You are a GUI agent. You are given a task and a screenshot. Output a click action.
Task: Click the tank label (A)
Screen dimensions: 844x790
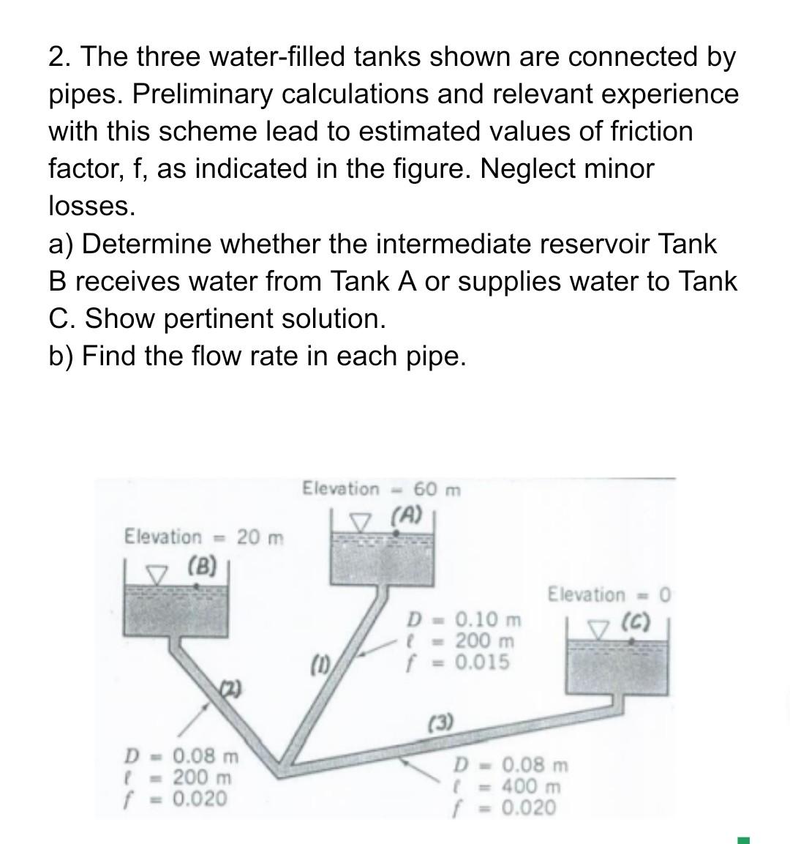coord(407,516)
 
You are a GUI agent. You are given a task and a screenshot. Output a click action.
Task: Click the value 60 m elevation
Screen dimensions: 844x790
coord(437,489)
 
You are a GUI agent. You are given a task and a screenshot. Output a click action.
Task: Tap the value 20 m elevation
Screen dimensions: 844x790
coord(260,537)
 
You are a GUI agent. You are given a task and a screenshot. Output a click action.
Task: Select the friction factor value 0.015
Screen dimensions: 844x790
coord(482,662)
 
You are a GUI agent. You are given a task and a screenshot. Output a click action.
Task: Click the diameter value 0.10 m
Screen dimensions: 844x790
coord(489,620)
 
